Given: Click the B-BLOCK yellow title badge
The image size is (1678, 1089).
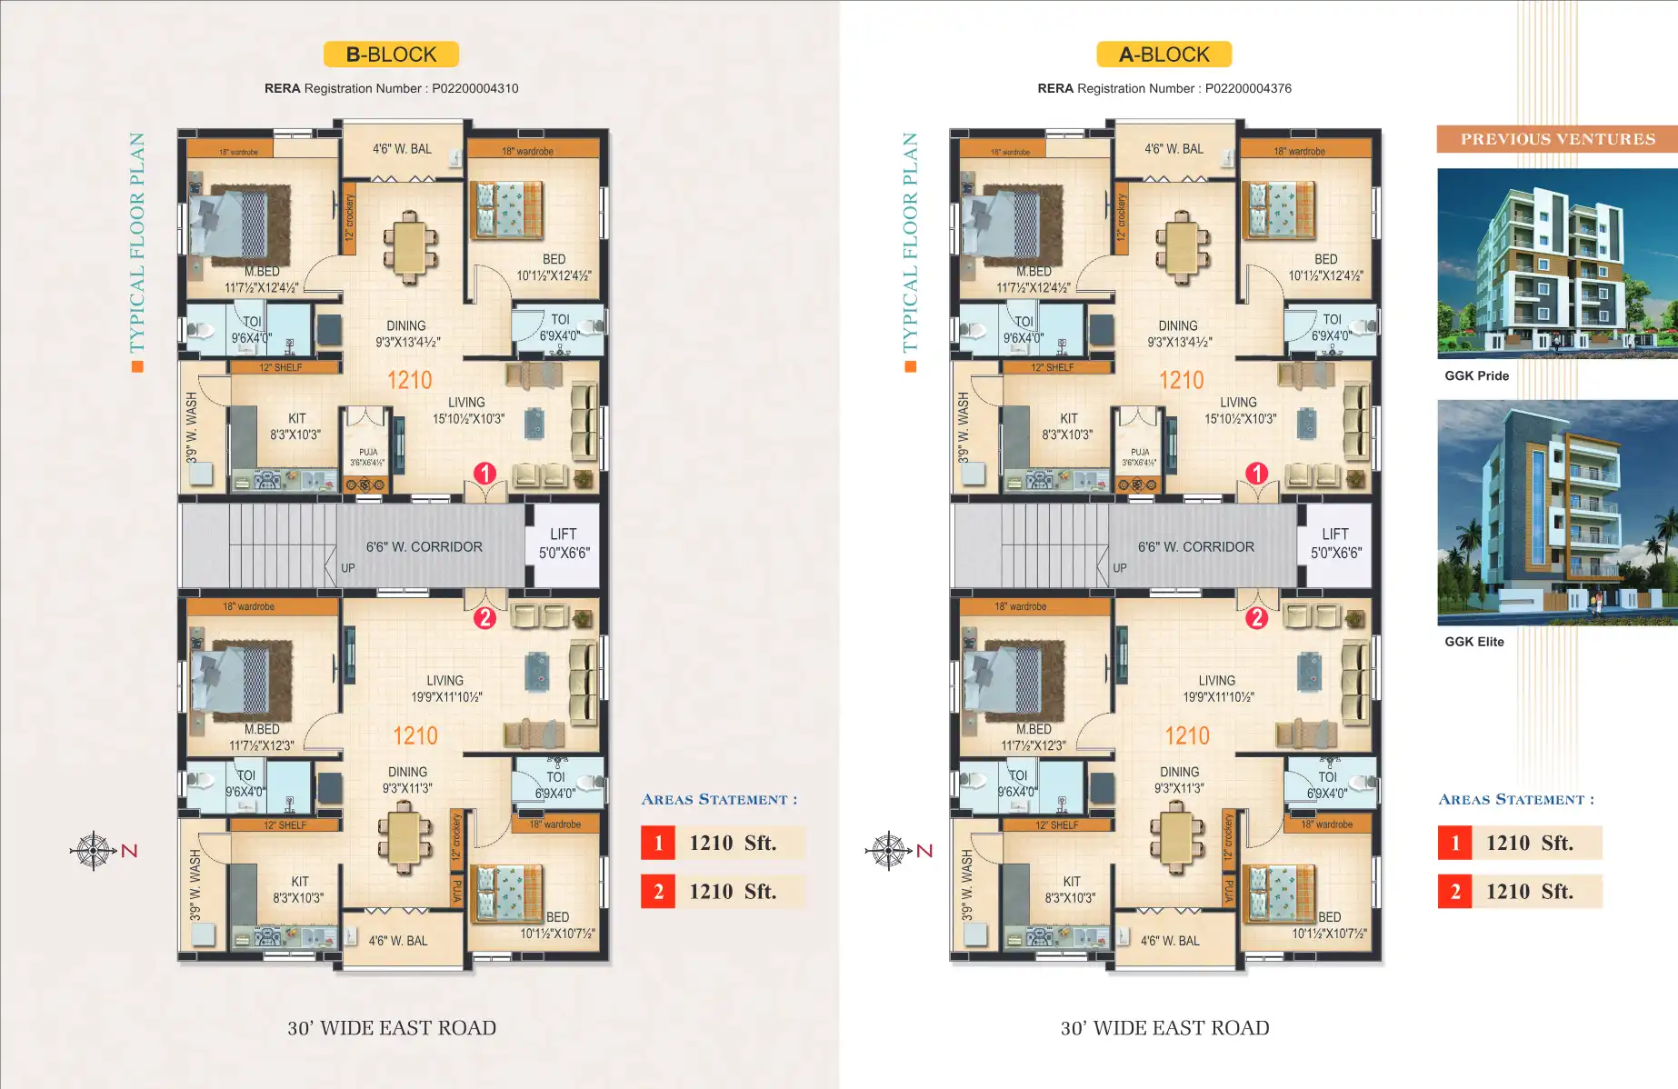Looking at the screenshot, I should [x=391, y=55].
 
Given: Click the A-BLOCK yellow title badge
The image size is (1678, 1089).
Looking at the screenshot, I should [x=1164, y=55].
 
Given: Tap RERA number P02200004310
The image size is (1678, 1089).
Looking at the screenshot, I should [x=474, y=88].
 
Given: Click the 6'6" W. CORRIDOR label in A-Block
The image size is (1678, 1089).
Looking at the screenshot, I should [x=1195, y=547].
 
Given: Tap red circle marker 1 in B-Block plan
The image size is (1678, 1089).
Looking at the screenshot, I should [x=484, y=473].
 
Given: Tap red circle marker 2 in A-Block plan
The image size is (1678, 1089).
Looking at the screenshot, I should [x=1256, y=618].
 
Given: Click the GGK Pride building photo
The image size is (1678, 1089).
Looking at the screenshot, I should [x=1556, y=264].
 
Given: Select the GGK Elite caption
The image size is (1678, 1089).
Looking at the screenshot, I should [x=1474, y=642].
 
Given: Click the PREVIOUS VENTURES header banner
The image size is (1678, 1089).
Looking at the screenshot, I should [x=1556, y=139].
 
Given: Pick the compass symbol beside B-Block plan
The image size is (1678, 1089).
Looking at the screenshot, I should [x=94, y=851].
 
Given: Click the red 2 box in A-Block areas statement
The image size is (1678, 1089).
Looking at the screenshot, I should [x=1454, y=892].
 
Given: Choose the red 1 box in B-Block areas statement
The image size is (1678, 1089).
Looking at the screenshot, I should [x=658, y=843].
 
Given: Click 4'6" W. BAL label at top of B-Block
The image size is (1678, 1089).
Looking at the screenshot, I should [x=402, y=149].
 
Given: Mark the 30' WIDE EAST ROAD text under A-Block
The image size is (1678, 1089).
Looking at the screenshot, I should [x=1164, y=1028].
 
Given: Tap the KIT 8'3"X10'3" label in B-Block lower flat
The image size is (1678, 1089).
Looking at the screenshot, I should [x=299, y=889].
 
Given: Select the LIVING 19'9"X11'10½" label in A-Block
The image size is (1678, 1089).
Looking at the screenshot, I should [x=1217, y=688].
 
